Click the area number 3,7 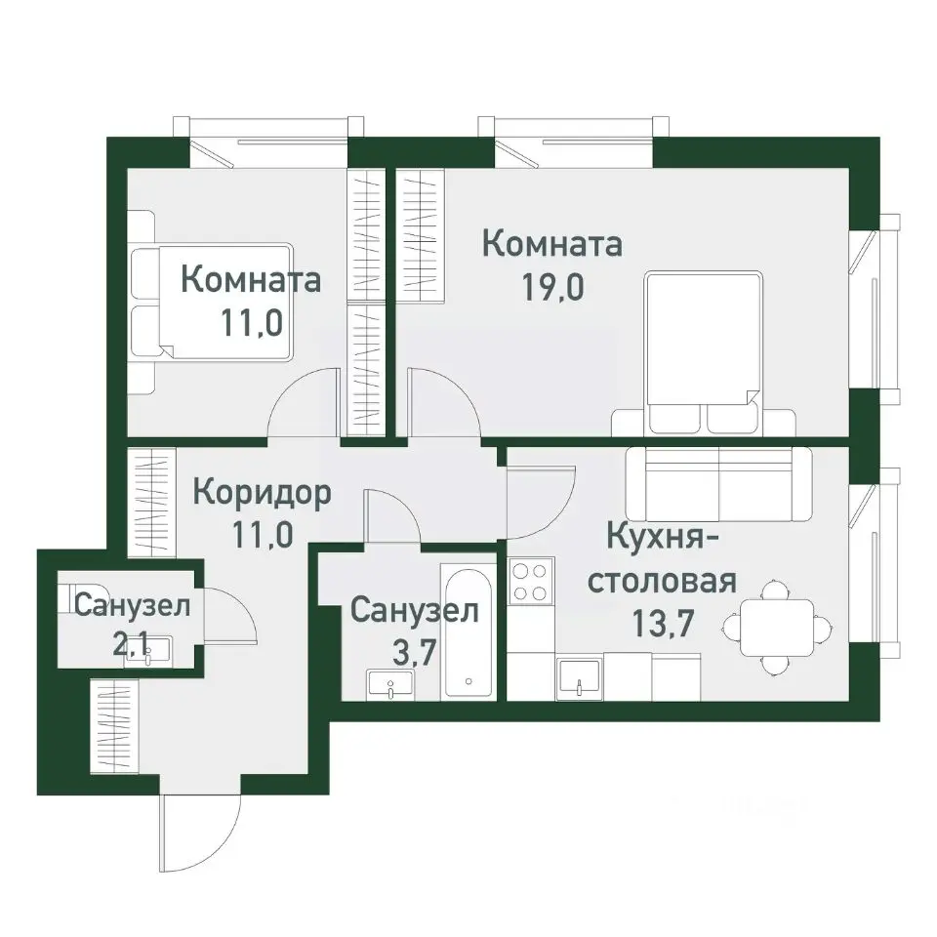coord(413,653)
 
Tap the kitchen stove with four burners coord(530,581)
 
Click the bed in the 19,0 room coord(703,351)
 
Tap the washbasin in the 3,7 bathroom coord(390,685)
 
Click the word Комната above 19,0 coord(552,244)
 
